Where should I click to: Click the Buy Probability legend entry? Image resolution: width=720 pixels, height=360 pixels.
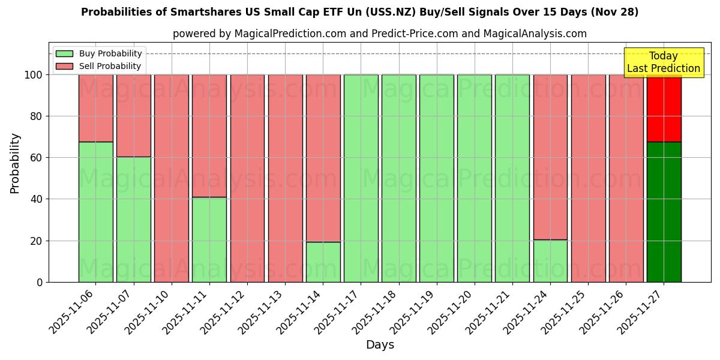point(98,53)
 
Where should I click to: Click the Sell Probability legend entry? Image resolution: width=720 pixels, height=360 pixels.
point(98,66)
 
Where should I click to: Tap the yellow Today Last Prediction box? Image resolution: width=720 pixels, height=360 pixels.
point(663,62)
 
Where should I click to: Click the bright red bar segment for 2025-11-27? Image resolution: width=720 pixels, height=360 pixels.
point(664,108)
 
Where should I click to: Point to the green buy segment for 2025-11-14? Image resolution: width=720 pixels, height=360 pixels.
point(323,262)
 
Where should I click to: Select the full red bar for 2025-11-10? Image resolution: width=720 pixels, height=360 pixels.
point(171,178)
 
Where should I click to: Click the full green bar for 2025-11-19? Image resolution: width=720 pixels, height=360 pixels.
point(436,178)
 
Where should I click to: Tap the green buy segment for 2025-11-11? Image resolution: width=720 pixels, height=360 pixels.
point(209,239)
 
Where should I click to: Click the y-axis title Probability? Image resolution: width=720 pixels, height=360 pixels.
point(15,163)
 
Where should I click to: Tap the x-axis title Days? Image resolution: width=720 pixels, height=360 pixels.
point(380,345)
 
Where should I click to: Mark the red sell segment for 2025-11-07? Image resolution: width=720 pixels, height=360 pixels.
point(133,116)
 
